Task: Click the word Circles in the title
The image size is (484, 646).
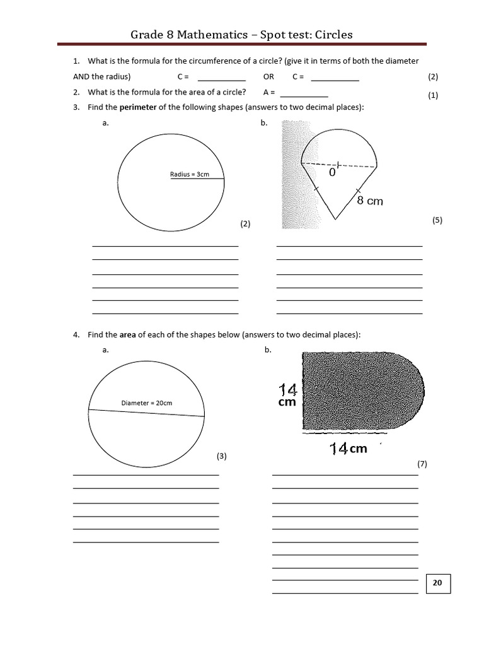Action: (x=330, y=35)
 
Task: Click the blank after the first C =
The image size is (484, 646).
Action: (x=221, y=78)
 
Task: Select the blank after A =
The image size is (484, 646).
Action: (x=304, y=93)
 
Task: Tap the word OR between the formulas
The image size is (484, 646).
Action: (x=268, y=77)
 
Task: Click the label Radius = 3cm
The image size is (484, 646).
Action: (x=190, y=174)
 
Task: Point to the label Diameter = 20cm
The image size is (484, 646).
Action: (x=146, y=402)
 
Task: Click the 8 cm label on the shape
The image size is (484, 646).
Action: (x=370, y=201)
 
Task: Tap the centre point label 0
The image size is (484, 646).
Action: (x=332, y=171)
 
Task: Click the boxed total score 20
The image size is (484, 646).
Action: (x=437, y=584)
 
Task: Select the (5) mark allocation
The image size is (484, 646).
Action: (x=437, y=220)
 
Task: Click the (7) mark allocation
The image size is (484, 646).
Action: (x=422, y=464)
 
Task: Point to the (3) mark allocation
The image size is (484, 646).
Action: (x=221, y=455)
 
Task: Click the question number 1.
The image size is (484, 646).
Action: (x=76, y=61)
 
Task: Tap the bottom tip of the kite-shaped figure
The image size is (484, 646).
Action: (x=335, y=219)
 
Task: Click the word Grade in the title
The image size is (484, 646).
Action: (x=147, y=35)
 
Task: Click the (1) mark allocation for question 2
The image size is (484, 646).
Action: (x=433, y=96)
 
